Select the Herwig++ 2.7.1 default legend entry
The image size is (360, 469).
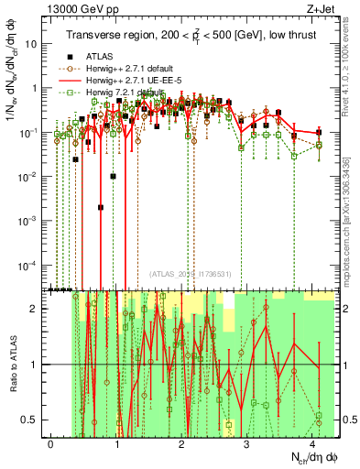pyautogui.click(x=124, y=68)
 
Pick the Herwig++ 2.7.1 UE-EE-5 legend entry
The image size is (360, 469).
pyautogui.click(x=127, y=81)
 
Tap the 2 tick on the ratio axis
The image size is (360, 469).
pyautogui.click(x=38, y=309)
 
